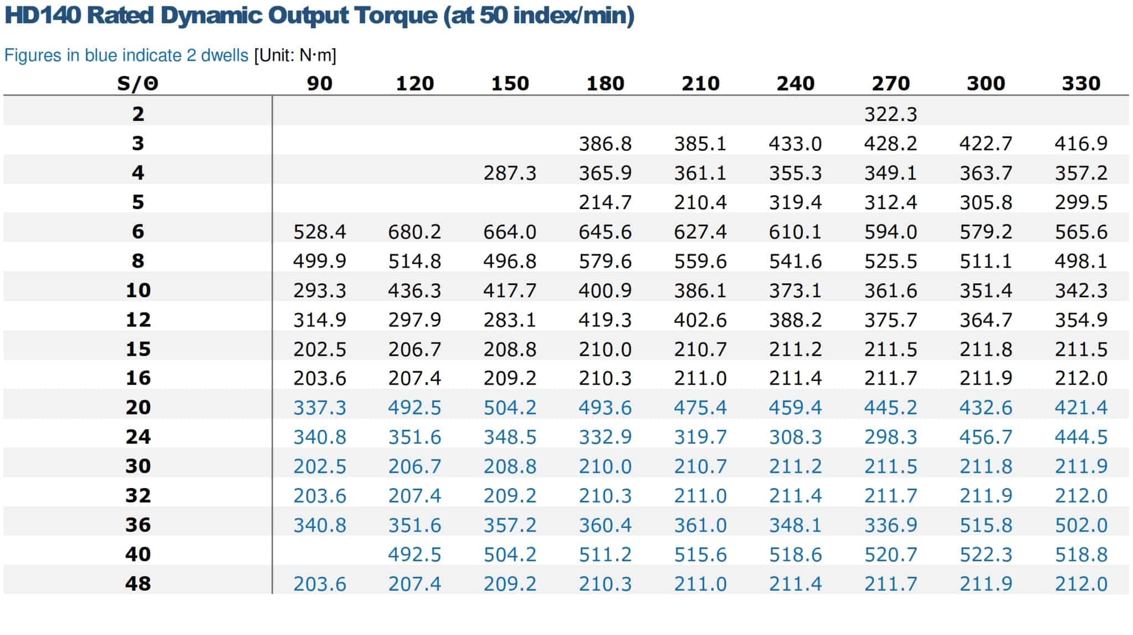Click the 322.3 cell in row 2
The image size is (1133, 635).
[890, 114]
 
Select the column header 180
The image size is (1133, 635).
[605, 84]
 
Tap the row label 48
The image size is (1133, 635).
[138, 583]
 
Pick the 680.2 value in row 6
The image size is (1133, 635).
[414, 232]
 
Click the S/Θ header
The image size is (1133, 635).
[138, 84]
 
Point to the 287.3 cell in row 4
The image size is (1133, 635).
[510, 173]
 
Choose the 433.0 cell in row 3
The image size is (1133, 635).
[795, 144]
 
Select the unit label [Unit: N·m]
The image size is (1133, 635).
[295, 55]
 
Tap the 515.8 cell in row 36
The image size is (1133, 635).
[986, 525]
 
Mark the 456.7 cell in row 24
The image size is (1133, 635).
[986, 437]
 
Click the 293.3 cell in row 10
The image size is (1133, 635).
[320, 291]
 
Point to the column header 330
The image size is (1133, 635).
[1081, 84]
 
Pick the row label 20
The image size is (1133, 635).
[138, 408]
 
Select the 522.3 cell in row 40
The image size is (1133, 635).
[986, 555]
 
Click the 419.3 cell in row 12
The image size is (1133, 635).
[605, 320]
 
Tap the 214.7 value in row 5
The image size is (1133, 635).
[605, 202]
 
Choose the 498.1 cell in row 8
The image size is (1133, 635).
[1081, 261]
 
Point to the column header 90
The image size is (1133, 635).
[320, 84]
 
